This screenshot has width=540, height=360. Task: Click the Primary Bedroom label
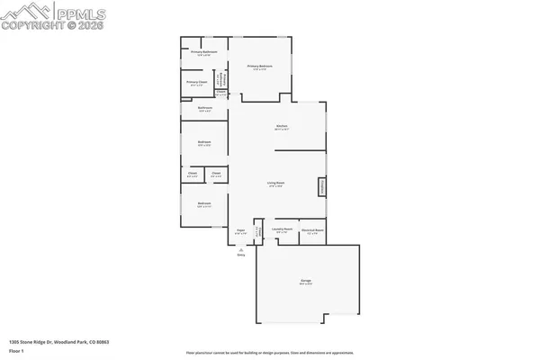click(259, 67)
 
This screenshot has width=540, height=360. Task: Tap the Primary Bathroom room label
click(204, 52)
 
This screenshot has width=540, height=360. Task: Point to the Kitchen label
click(282, 125)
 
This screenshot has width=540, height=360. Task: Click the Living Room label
click(275, 184)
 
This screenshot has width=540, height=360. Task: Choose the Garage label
click(305, 282)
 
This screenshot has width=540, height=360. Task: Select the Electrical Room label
click(312, 229)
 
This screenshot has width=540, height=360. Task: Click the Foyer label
click(241, 230)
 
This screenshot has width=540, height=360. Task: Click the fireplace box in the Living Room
click(319, 186)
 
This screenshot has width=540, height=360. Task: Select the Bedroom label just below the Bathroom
click(204, 141)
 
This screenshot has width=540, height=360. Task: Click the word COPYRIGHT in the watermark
click(34, 25)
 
